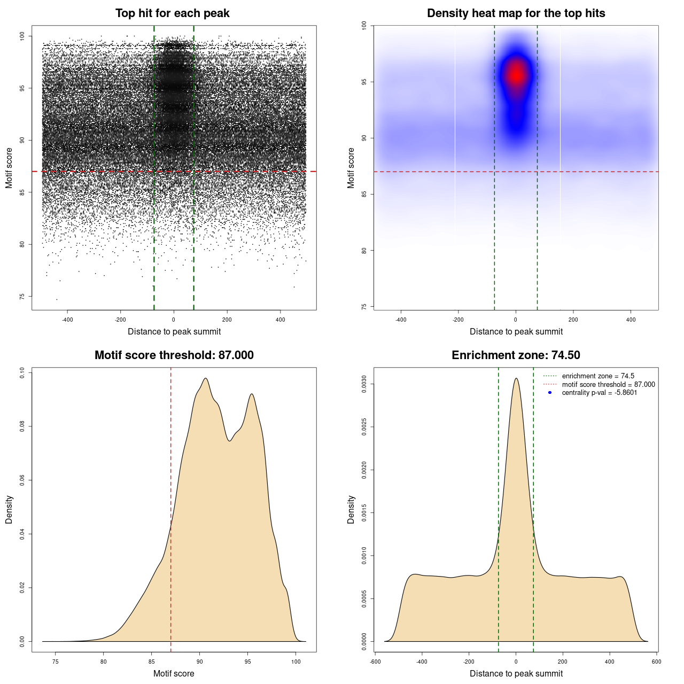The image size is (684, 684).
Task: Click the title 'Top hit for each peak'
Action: tap(172, 13)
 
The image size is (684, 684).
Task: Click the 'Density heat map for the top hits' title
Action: tap(516, 13)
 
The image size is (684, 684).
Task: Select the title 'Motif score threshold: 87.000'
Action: tap(174, 355)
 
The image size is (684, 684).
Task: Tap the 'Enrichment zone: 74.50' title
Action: tap(516, 355)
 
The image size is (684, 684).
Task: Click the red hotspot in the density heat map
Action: tap(516, 75)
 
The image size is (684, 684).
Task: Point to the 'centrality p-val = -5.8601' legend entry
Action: tap(599, 393)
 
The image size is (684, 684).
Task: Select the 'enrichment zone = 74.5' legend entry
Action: tap(598, 376)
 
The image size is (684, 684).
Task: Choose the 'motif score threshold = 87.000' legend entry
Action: tap(608, 384)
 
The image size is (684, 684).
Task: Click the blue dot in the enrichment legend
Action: tap(550, 393)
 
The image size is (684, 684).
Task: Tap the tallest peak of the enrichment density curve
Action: tap(516, 378)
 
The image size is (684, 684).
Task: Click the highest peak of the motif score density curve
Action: tap(205, 378)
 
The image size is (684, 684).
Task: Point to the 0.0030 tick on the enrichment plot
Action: tap(364, 384)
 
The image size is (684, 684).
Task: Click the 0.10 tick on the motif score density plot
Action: tap(22, 372)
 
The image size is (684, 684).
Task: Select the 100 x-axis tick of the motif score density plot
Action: tap(296, 662)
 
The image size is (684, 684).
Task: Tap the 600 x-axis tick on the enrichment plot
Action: tap(657, 662)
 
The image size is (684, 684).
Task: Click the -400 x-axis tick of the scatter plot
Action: tap(67, 320)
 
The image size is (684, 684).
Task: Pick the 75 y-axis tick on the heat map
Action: tap(364, 307)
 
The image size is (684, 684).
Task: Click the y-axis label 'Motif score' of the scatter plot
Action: tap(9, 168)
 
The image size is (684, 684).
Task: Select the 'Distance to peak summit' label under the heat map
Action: tap(516, 331)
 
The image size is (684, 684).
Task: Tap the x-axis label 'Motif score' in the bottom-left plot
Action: tap(174, 673)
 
